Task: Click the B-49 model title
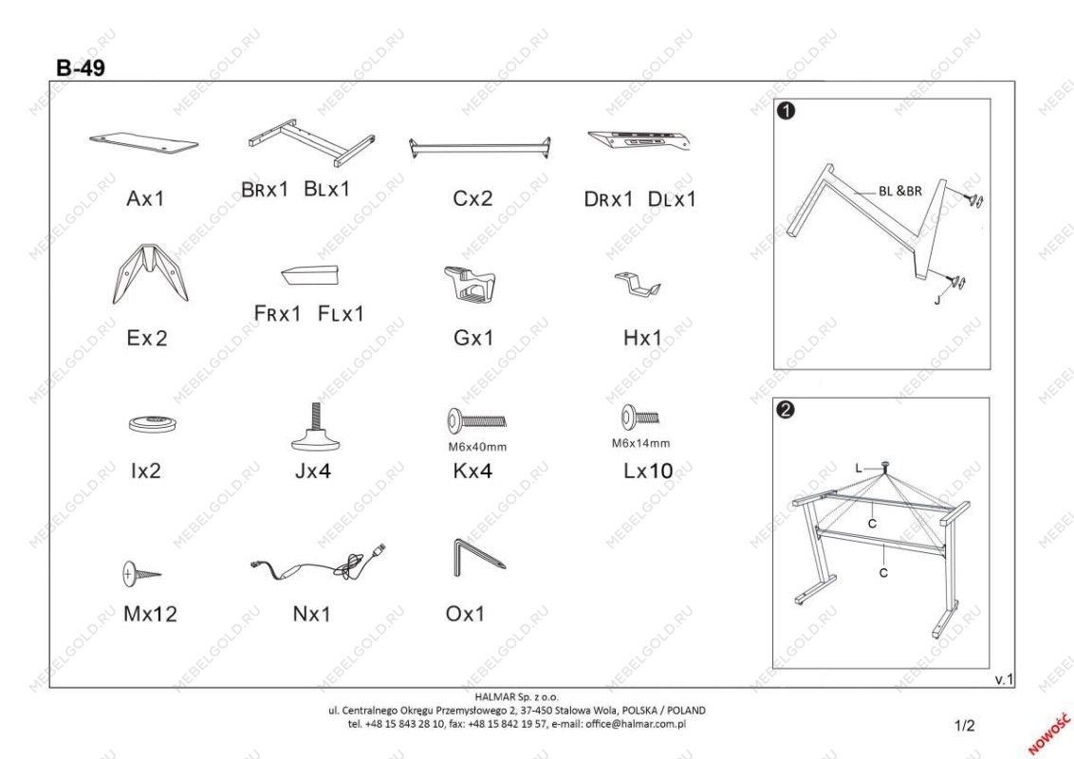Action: pyautogui.click(x=81, y=67)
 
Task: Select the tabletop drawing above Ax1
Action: pyautogui.click(x=144, y=142)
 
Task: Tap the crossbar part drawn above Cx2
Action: pyautogui.click(x=479, y=148)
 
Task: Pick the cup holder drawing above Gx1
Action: pyautogui.click(x=470, y=284)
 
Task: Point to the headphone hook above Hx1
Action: pyautogui.click(x=638, y=284)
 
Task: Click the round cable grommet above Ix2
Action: pyautogui.click(x=154, y=424)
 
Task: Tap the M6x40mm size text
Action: pyautogui.click(x=477, y=447)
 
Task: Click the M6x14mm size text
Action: pyautogui.click(x=641, y=443)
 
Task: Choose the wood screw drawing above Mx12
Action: pyautogui.click(x=141, y=573)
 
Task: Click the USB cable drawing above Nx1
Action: pyautogui.click(x=319, y=564)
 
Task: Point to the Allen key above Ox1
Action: pyautogui.click(x=479, y=558)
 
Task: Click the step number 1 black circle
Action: pyautogui.click(x=787, y=110)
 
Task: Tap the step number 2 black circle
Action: pyautogui.click(x=787, y=410)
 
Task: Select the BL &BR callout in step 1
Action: pyautogui.click(x=900, y=191)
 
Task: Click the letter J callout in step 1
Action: pyautogui.click(x=937, y=300)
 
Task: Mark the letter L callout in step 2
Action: pyautogui.click(x=859, y=469)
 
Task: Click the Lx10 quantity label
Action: pyautogui.click(x=648, y=471)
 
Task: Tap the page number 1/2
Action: pyautogui.click(x=964, y=726)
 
